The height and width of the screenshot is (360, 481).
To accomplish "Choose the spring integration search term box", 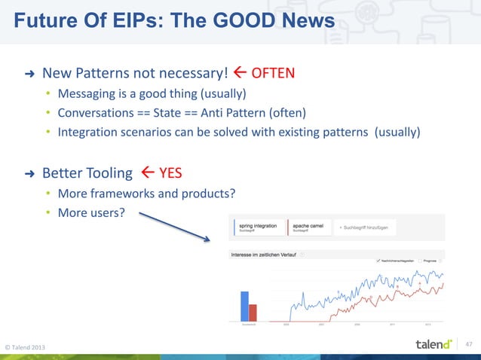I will pos(257,227).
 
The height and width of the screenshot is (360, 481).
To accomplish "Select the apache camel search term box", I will pos(308,227).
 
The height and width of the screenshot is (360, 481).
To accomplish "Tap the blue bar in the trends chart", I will pos(244,306).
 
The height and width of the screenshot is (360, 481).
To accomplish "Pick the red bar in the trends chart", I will pos(253,313).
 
